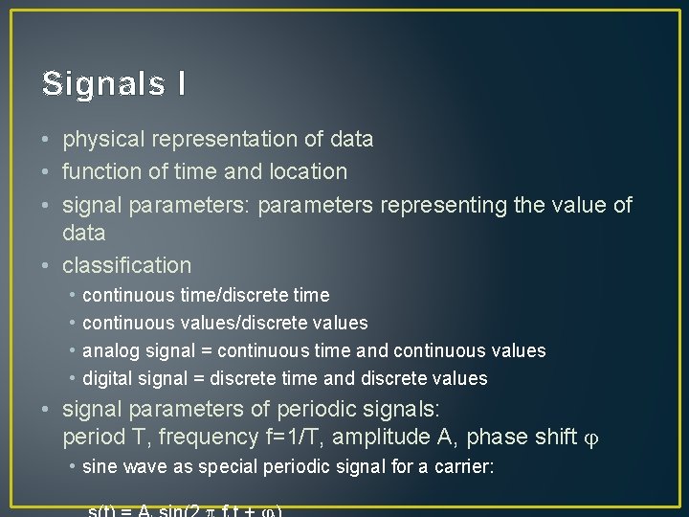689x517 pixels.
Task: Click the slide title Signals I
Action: click(x=114, y=83)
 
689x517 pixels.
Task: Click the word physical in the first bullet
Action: click(x=100, y=140)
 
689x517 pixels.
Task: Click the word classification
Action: click(x=127, y=265)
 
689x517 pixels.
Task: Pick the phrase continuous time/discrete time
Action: click(x=206, y=296)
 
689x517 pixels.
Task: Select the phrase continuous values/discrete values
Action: click(x=225, y=324)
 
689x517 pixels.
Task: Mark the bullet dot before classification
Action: click(x=47, y=265)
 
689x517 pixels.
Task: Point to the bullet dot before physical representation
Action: click(x=47, y=140)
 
